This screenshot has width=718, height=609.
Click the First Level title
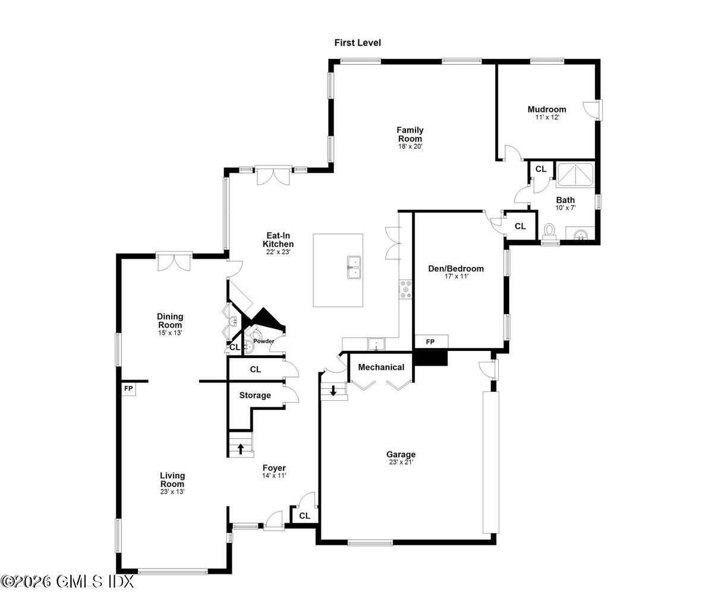[x=357, y=43]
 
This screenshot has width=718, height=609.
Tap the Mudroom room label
[x=547, y=109]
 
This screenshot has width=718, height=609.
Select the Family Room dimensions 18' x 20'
[x=410, y=146]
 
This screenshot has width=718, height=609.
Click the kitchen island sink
[x=354, y=267]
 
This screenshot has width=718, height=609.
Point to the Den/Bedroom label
[x=456, y=269]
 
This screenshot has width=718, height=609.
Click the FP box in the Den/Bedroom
[x=430, y=342]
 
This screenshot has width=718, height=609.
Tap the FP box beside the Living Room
[x=128, y=389]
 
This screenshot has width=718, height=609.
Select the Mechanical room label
[x=381, y=368]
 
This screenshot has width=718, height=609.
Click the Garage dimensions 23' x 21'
[x=401, y=462]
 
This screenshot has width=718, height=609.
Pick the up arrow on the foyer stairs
[x=240, y=448]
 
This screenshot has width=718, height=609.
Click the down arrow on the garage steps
[x=333, y=391]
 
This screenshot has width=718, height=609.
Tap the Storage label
[x=255, y=395]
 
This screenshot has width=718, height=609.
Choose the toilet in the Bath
[x=550, y=230]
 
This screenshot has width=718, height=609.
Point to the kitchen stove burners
[x=406, y=290]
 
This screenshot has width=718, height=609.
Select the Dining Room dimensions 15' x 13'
[x=170, y=333]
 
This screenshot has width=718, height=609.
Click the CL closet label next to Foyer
[x=305, y=516]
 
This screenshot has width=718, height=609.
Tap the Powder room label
[x=264, y=341]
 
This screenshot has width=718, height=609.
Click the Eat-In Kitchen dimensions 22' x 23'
[x=278, y=252]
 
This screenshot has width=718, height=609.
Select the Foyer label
[x=274, y=468]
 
